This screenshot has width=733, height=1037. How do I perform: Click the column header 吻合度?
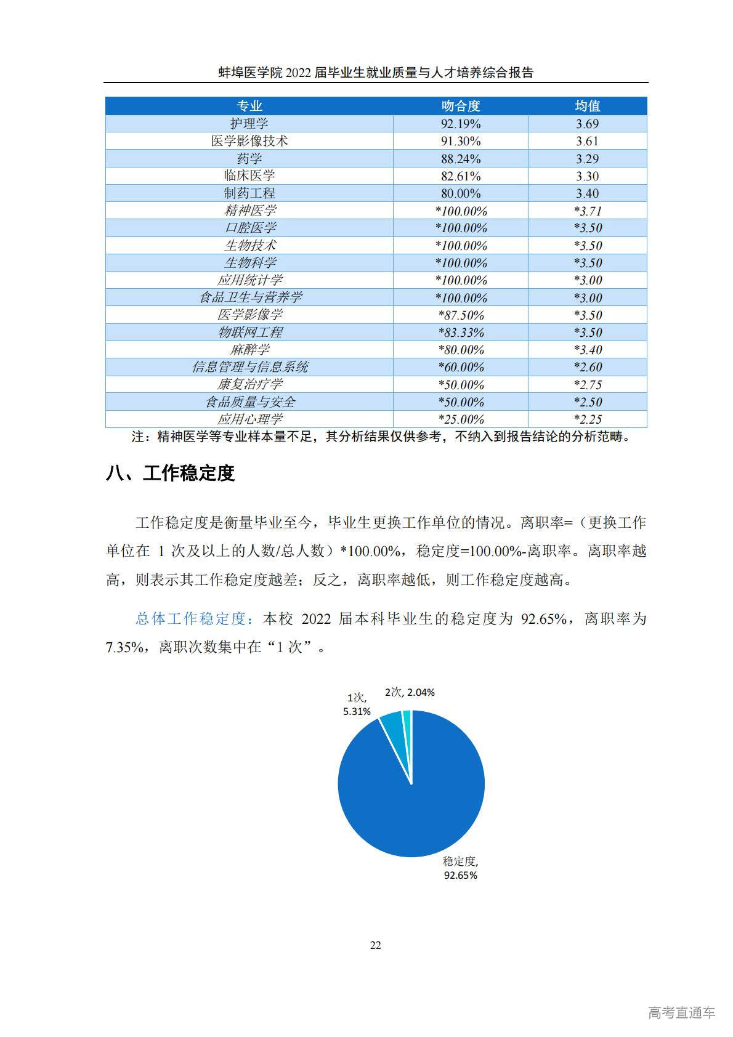(460, 106)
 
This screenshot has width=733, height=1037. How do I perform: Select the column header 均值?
(587, 106)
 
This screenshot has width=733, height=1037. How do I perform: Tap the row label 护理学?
(249, 124)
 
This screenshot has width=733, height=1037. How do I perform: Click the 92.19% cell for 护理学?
(460, 124)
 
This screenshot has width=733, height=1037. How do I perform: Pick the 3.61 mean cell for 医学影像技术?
(587, 141)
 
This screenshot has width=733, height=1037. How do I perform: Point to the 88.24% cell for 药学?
(460, 159)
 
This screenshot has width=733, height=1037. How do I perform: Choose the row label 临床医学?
(249, 176)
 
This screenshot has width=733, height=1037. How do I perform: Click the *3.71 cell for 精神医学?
(587, 211)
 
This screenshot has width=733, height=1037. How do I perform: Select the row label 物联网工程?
(249, 333)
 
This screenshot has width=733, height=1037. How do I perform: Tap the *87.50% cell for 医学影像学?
(460, 315)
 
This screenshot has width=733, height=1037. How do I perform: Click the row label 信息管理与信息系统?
(249, 367)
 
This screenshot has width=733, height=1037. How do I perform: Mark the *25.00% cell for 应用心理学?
(460, 419)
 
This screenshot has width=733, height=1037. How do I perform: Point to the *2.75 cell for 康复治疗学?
(587, 385)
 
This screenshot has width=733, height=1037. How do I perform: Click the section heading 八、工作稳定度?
(171, 474)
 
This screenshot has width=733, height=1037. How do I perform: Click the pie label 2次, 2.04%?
(410, 692)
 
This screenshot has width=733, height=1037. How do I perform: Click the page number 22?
(375, 945)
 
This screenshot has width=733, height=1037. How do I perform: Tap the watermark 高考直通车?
(681, 1012)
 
